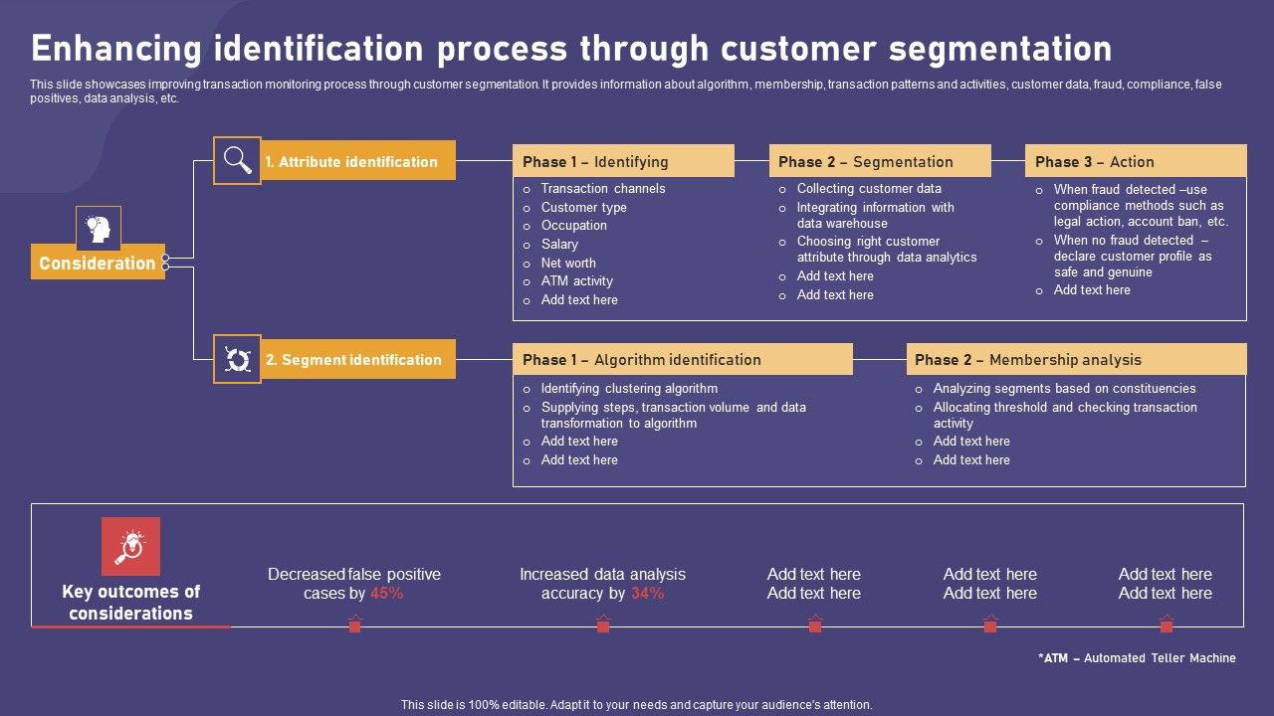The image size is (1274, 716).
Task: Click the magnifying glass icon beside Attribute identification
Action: [x=237, y=160]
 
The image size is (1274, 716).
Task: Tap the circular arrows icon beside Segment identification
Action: [x=237, y=359]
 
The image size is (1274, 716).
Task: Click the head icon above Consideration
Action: [x=99, y=228]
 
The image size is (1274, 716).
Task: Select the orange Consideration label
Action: [x=98, y=263]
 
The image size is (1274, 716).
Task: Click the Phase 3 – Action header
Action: [x=1135, y=161]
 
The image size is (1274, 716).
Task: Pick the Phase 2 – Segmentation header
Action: [x=879, y=161]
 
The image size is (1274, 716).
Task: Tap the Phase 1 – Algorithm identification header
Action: [x=682, y=359]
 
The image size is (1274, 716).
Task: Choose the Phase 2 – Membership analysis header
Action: [x=1075, y=359]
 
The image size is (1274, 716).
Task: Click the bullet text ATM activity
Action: [x=576, y=281]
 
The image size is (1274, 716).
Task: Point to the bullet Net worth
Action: [x=568, y=263]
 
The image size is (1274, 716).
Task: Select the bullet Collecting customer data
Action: [x=869, y=189]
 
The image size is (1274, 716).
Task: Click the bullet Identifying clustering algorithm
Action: [x=629, y=389]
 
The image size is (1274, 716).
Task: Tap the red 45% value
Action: [x=386, y=594]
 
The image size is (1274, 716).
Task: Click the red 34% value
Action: [x=647, y=594]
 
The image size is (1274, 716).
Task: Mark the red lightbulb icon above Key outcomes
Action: [x=130, y=546]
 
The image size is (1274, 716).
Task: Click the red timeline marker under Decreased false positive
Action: [x=354, y=626]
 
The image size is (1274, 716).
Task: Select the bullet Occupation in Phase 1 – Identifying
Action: [x=573, y=226]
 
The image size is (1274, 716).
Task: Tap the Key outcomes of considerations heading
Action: [x=130, y=603]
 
